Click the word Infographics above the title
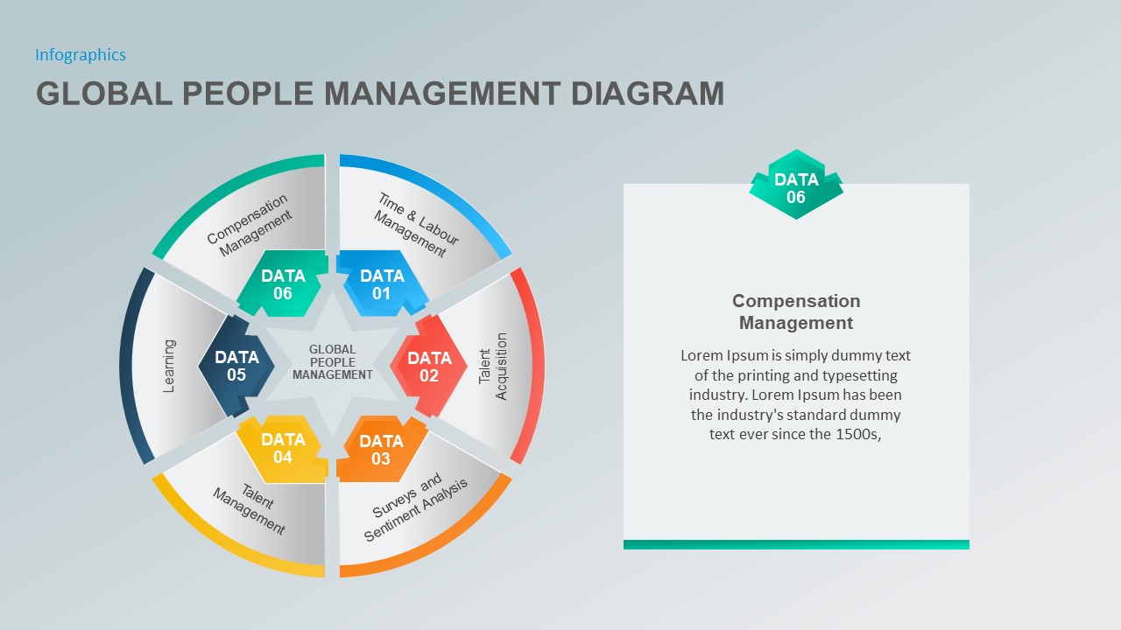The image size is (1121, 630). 81,55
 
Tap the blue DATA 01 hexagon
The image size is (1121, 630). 382,284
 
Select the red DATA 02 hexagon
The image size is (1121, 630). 428,367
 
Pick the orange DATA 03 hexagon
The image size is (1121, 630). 381,450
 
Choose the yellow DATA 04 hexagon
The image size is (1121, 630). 283,448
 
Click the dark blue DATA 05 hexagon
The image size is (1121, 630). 236,366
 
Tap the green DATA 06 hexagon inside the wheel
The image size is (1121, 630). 283,284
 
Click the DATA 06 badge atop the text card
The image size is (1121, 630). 795,187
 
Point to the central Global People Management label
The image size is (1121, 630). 333,362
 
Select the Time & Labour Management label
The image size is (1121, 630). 416,225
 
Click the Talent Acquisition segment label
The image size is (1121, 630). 493,366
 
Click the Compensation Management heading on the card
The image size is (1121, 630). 796,311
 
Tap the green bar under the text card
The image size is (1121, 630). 796,544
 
